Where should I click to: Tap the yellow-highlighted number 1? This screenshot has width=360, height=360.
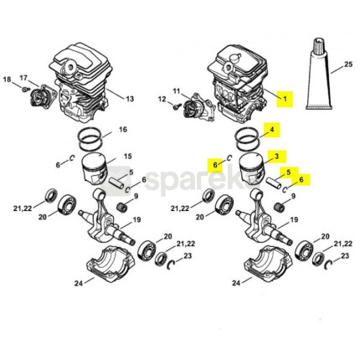[285, 99]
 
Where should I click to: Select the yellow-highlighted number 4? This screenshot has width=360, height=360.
[272, 130]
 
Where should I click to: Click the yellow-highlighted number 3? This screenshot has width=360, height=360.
[276, 156]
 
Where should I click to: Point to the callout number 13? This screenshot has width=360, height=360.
[130, 99]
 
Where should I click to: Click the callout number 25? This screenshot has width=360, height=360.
[348, 64]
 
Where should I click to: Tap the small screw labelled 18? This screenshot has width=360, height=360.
[26, 90]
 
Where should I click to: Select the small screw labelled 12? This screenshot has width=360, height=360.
[176, 106]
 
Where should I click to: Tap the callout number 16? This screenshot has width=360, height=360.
[123, 130]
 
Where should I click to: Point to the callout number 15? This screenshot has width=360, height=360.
[127, 156]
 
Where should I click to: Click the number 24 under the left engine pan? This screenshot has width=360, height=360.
[79, 283]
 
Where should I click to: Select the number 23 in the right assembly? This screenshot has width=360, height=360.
[345, 255]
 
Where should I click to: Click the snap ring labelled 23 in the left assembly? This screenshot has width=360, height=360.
[171, 265]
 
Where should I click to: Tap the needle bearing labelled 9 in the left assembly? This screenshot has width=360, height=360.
[123, 207]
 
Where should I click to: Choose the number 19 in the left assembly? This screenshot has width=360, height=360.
[136, 220]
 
